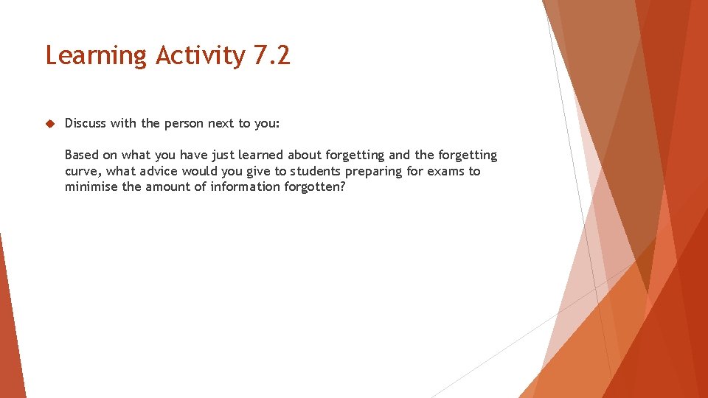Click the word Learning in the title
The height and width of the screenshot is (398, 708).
96,56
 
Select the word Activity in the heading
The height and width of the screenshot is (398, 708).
200,56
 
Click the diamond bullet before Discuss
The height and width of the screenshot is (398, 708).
50,123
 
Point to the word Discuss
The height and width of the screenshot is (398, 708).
86,123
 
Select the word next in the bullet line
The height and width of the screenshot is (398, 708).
221,123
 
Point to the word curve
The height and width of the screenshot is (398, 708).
81,171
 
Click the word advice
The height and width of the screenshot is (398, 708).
160,171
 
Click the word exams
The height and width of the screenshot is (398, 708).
446,171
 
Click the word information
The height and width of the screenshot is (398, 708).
243,186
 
